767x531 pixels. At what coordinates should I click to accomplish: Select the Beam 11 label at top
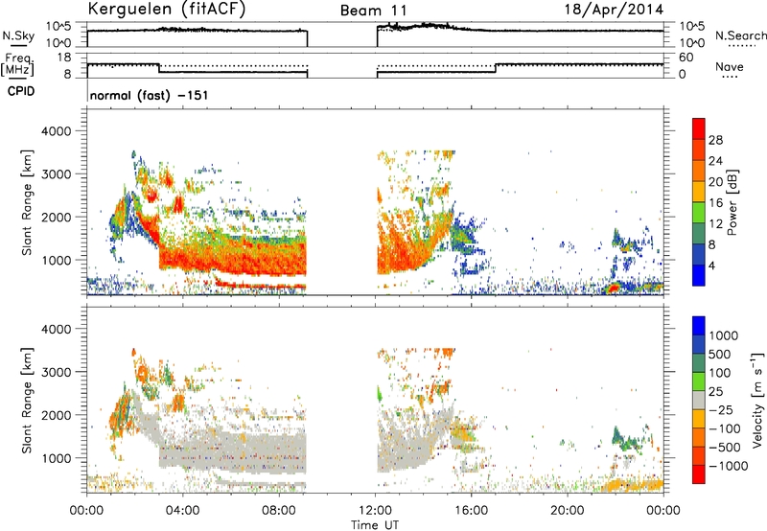click(373, 11)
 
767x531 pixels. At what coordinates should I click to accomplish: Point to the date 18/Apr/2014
click(615, 10)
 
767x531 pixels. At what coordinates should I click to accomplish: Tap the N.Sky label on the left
click(18, 35)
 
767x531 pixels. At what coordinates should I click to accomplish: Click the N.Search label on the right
click(740, 35)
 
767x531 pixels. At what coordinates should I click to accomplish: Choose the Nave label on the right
click(730, 66)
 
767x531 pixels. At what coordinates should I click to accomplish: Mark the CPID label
click(21, 91)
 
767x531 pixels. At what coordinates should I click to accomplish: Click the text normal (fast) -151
click(149, 95)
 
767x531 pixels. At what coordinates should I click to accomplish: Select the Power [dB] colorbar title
click(732, 202)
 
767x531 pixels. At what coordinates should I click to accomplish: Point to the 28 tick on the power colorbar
click(715, 140)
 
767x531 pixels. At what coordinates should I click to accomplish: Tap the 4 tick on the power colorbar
click(711, 265)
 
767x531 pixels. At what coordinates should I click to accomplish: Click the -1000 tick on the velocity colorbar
click(729, 466)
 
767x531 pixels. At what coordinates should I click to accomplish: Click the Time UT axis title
click(375, 524)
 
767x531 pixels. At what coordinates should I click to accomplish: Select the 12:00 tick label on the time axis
click(375, 511)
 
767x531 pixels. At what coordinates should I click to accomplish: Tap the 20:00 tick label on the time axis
click(568, 511)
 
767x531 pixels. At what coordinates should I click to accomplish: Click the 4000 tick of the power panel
click(57, 131)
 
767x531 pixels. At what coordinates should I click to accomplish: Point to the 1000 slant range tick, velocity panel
click(57, 458)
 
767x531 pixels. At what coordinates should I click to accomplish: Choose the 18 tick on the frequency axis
click(64, 58)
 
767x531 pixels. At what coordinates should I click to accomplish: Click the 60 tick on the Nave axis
click(686, 58)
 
